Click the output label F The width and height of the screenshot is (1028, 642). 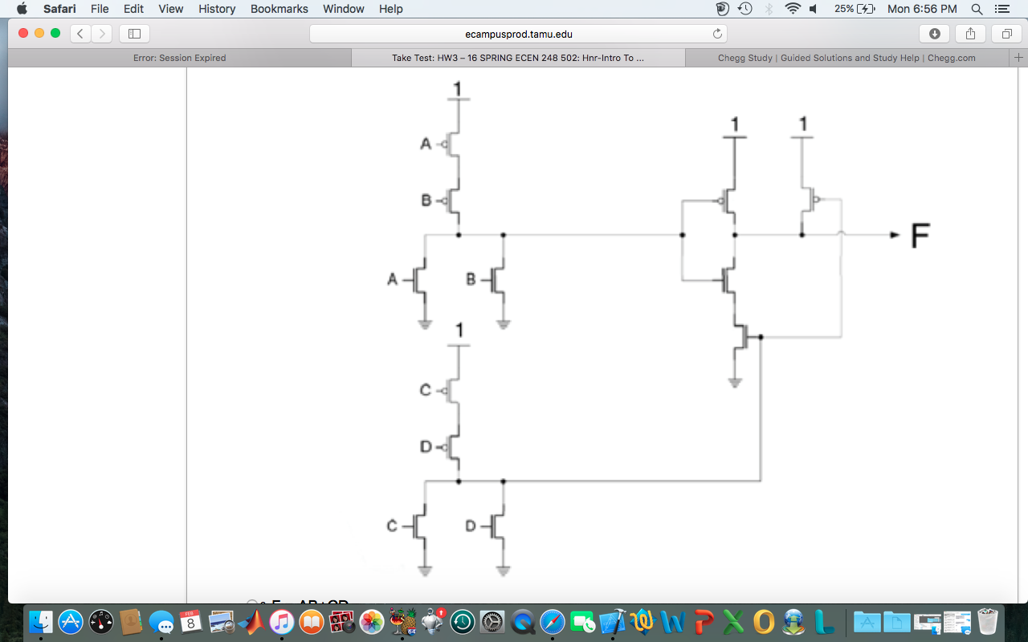tap(920, 237)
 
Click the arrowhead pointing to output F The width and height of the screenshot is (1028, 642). tap(894, 235)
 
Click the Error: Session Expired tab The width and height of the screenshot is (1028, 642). tap(179, 58)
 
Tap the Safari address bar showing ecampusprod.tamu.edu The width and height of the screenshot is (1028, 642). tap(518, 34)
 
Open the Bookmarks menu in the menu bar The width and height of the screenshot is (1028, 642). tap(279, 9)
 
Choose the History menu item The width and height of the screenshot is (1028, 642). tap(217, 9)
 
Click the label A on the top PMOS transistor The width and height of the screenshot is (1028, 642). tap(426, 144)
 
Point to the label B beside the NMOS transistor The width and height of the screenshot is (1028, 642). tap(471, 279)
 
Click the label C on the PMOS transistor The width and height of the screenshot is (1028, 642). tap(426, 390)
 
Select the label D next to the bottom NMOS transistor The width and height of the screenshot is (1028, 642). tap(471, 526)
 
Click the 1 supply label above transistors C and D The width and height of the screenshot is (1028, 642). tap(459, 330)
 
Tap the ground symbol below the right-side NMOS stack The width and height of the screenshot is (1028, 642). tap(734, 383)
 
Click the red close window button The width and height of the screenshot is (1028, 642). tap(22, 33)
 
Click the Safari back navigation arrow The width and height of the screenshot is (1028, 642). tap(80, 34)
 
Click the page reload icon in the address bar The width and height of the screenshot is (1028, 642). tap(717, 34)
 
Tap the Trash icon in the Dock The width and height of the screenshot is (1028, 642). tap(987, 621)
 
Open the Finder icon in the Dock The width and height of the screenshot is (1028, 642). tap(41, 621)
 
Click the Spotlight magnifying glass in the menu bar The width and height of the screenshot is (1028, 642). tap(977, 9)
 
